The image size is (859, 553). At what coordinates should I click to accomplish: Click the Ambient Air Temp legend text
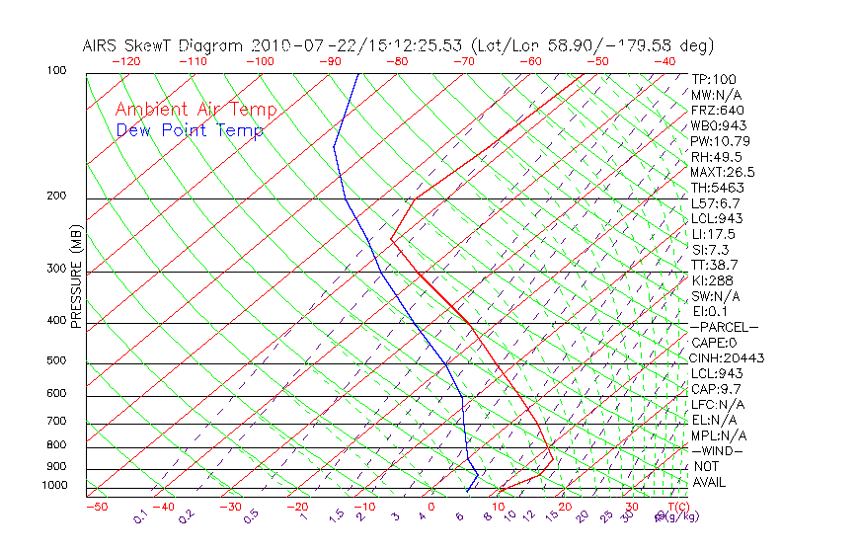coord(195,110)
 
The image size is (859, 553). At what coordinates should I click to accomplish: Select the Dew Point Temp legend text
coord(190,130)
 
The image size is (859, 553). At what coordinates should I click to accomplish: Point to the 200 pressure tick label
coord(56,197)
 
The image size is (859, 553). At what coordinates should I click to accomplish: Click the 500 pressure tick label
coord(56,361)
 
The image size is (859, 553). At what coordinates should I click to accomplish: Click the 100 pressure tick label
coord(56,71)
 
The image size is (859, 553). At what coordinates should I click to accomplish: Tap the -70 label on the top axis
coord(462,60)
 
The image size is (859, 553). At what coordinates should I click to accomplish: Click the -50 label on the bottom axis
coord(96,507)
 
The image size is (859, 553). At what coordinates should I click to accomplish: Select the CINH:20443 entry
coord(728,357)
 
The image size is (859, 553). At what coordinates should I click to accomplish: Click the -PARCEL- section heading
coord(724,327)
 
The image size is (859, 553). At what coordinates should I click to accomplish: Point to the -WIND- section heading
coord(717,450)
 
